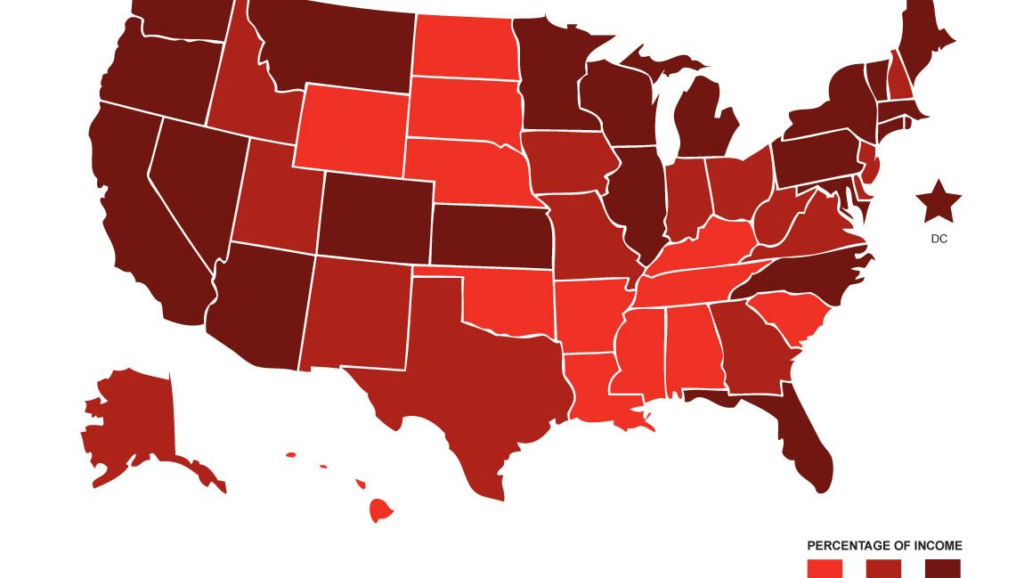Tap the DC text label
point(939,239)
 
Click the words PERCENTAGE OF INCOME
point(884,546)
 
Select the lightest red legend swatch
point(825,569)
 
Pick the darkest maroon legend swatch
point(943,569)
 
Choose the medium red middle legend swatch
point(884,569)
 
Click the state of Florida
point(806,436)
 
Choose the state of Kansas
point(490,236)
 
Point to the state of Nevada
point(191,191)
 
